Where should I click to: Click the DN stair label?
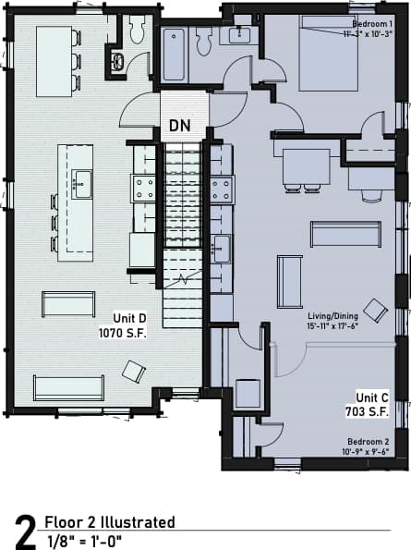coord(182,127)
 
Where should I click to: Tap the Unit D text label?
coord(131,316)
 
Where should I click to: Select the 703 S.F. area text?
coord(373,410)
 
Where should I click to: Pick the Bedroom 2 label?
coord(371,442)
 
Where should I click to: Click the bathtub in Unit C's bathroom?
coord(175,55)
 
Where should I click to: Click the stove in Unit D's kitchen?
coord(145,189)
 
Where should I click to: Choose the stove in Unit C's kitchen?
coord(222,189)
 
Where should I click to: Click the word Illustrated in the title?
coord(139,522)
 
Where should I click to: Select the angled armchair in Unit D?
coord(134,371)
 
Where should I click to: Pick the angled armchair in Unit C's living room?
coord(375,310)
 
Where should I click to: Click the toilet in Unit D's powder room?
coord(137,31)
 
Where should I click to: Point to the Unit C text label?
coord(371,397)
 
